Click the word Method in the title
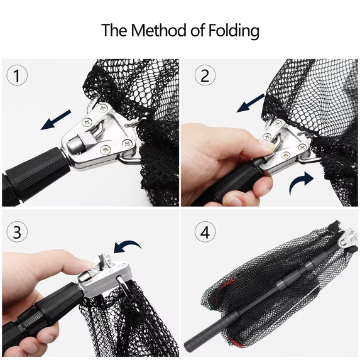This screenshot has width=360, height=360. pos(159,30)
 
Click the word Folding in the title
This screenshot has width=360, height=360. pos(234,31)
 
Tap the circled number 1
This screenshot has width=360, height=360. pos(17,75)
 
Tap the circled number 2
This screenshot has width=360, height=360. pos(205,75)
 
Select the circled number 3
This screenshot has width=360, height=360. pos(17,232)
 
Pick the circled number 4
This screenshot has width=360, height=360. pos(205,232)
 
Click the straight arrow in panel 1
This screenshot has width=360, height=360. pos(56,120)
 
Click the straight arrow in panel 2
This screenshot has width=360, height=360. pos(251,103)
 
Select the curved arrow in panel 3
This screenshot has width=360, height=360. pos(128,246)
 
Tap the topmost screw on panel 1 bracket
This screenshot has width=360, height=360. pos(102,107)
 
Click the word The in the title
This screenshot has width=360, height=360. pos(114,30)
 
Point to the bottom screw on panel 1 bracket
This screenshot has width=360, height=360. pos(106,150)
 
